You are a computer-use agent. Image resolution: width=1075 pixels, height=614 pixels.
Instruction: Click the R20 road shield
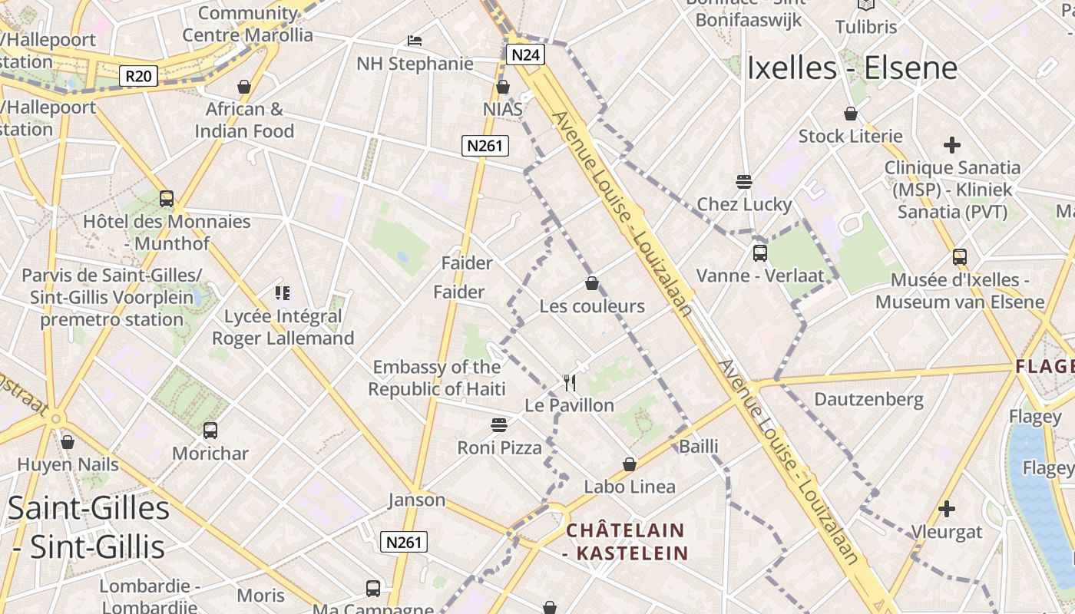pyautogui.click(x=139, y=76)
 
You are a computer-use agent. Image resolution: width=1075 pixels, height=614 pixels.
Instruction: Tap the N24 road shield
pyautogui.click(x=526, y=54)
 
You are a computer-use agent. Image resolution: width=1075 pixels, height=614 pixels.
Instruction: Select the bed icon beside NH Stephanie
pyautogui.click(x=415, y=40)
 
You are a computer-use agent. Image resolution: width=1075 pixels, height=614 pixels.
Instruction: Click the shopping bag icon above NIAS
pyautogui.click(x=503, y=87)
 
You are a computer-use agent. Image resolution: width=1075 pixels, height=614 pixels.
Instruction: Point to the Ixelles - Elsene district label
pyautogui.click(x=852, y=68)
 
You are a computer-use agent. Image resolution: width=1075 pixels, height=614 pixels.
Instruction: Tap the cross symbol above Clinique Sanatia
pyautogui.click(x=952, y=144)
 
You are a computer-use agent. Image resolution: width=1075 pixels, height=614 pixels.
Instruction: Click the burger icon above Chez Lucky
pyautogui.click(x=743, y=182)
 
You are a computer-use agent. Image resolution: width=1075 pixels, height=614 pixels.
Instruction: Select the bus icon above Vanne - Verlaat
pyautogui.click(x=760, y=253)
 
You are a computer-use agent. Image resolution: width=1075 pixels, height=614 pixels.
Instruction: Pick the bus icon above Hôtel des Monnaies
pyautogui.click(x=167, y=198)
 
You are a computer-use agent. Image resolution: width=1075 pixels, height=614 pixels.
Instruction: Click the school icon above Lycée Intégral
pyautogui.click(x=283, y=292)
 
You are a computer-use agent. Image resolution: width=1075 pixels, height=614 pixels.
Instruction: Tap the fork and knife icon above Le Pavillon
pyautogui.click(x=570, y=381)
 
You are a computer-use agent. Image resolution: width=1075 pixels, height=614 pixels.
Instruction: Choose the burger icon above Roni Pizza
pyautogui.click(x=499, y=424)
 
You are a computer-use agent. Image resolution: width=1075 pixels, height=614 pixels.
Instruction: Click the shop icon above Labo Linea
pyautogui.click(x=630, y=464)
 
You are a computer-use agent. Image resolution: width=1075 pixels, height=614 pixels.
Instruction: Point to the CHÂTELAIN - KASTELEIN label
pyautogui.click(x=625, y=541)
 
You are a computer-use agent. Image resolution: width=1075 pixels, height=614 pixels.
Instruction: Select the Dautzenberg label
pyautogui.click(x=868, y=399)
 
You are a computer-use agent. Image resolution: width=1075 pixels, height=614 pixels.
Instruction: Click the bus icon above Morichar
pyautogui.click(x=210, y=430)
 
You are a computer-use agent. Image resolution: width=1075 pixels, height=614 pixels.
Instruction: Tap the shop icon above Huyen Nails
pyautogui.click(x=68, y=442)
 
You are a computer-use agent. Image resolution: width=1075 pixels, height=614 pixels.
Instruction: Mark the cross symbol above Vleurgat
pyautogui.click(x=947, y=508)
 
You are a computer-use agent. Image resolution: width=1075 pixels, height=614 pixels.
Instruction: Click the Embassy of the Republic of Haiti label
pyautogui.click(x=436, y=378)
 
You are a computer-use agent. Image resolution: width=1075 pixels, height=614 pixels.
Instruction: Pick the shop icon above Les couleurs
pyautogui.click(x=592, y=283)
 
